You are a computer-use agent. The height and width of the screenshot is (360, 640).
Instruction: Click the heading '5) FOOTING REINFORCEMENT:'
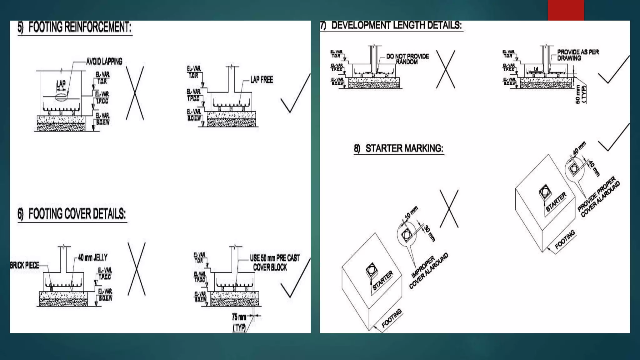coord(75,27)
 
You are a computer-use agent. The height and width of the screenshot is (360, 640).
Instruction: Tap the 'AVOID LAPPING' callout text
coord(104,62)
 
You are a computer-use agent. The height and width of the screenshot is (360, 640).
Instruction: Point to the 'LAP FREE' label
coord(262,80)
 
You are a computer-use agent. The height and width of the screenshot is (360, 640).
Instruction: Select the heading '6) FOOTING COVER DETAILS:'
coord(72,214)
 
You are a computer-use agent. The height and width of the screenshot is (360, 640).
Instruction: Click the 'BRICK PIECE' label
coord(25,266)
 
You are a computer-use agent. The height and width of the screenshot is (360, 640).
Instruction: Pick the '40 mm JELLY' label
coord(92,258)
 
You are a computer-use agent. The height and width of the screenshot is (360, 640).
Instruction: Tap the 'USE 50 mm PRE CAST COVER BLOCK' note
coord(274,262)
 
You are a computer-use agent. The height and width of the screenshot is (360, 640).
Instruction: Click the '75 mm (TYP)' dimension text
coord(239,322)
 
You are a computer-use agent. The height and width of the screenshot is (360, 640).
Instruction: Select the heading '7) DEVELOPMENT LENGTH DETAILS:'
coord(391,25)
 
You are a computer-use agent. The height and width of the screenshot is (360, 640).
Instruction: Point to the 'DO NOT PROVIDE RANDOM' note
coord(407,59)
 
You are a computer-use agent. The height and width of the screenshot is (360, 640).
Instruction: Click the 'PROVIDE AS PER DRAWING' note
coord(578,55)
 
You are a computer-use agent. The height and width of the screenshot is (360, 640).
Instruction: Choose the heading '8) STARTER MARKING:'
coord(399,148)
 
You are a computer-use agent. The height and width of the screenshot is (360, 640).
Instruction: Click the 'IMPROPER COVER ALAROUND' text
coord(428,271)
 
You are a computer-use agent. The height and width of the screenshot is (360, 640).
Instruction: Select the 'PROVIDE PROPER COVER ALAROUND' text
coord(598,197)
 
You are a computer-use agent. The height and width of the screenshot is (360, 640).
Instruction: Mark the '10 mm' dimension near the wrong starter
coord(411,213)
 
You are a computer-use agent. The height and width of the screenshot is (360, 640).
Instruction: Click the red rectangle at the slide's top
coord(566,10)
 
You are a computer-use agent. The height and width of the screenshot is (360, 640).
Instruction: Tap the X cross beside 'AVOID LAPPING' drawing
coord(135,93)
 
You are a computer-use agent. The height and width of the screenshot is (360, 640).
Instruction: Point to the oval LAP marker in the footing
coord(61,96)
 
